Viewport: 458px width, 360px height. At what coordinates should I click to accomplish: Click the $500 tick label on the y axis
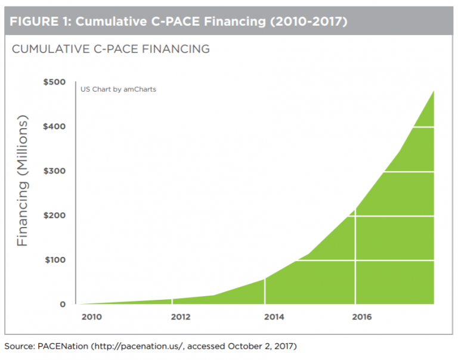(54, 82)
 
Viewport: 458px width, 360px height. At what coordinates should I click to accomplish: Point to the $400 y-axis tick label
(54, 126)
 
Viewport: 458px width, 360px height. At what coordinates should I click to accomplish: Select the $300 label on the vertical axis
(54, 171)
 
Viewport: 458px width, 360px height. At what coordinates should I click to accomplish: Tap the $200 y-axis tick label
(54, 215)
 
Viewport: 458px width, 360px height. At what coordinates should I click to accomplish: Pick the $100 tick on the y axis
(54, 260)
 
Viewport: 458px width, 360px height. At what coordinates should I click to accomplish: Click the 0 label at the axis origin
(62, 304)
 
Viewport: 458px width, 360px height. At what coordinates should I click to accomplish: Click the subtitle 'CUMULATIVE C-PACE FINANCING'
(111, 49)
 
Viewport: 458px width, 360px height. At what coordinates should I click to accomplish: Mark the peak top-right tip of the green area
(433, 91)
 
